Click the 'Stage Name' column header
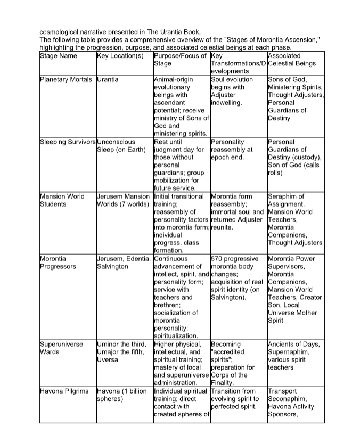click(59, 56)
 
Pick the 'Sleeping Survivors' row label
click(68, 142)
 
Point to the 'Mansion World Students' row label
click(62, 200)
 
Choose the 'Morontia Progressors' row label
click(58, 263)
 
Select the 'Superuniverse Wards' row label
click(62, 348)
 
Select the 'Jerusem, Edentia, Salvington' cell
click(124, 263)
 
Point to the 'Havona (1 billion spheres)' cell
click(122, 395)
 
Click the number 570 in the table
click(218, 259)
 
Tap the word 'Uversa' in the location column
click(109, 359)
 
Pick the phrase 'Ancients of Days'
click(294, 344)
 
